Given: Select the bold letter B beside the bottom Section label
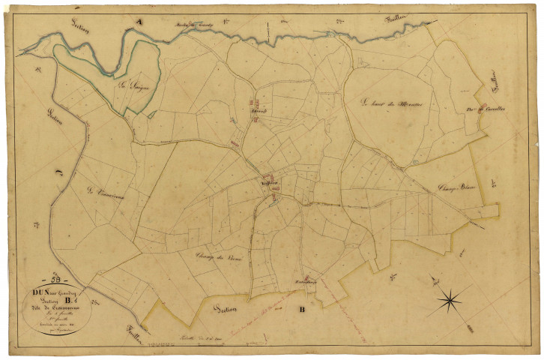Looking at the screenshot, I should (303, 308).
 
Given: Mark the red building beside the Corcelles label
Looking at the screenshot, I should (483, 106).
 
